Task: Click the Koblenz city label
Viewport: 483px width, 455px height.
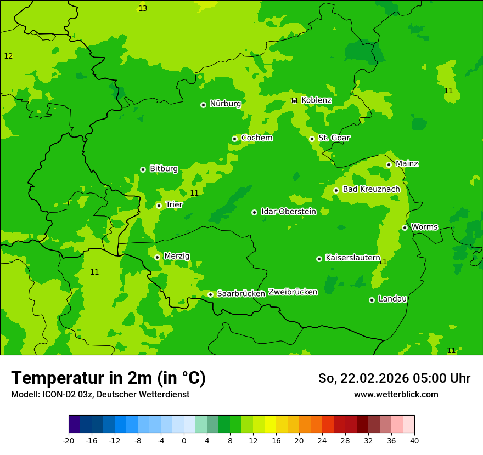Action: (316, 100)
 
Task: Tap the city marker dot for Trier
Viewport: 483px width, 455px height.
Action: (159, 206)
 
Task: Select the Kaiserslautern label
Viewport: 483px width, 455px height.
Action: (353, 258)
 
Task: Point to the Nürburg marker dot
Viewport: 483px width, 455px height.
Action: (203, 105)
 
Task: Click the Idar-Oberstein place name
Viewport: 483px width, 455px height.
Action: (289, 212)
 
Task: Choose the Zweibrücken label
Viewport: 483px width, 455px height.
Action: (293, 292)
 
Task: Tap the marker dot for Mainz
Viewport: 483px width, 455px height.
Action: (389, 164)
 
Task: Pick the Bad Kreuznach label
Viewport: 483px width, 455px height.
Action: (371, 190)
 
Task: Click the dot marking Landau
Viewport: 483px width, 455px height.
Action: (372, 300)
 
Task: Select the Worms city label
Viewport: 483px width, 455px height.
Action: (424, 227)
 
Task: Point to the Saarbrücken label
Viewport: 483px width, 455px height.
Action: (241, 294)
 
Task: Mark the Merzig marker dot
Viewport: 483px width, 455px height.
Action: (157, 257)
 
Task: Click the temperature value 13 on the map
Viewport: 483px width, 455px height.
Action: (143, 8)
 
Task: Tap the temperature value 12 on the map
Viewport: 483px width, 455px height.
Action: (8, 56)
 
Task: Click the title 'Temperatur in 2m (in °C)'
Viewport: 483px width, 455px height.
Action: (108, 378)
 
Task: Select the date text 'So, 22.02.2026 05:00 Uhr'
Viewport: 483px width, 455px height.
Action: (394, 378)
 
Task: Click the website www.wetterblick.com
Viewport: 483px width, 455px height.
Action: (396, 395)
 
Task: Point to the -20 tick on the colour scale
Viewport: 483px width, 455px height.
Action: (69, 440)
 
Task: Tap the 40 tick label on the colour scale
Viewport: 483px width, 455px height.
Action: (414, 440)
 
